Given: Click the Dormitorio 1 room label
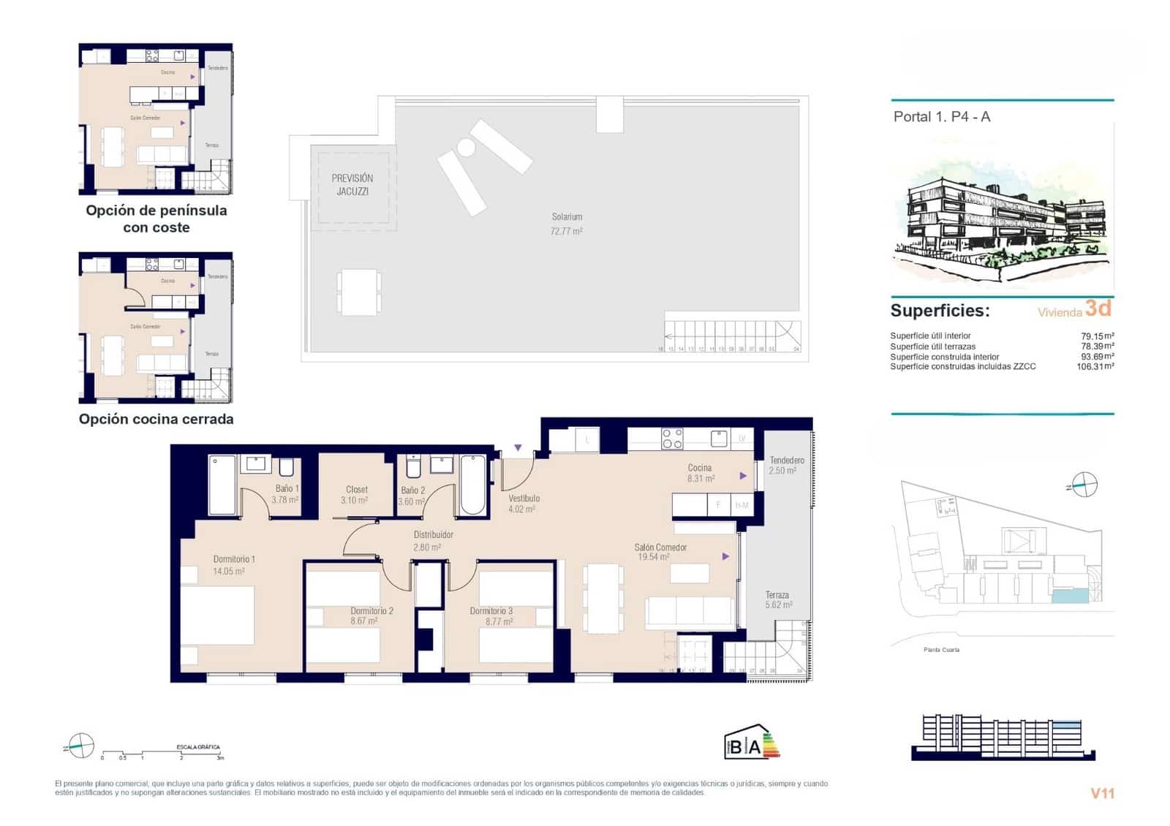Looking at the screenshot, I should [234, 559].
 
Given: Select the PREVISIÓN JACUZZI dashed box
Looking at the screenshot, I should [353, 187].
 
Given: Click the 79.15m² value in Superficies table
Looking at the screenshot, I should [1097, 336].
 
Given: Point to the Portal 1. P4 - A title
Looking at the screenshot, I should [942, 117].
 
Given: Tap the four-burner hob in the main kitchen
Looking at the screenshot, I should [672, 439].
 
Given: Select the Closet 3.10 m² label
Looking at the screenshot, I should [356, 495].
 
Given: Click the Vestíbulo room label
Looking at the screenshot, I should [524, 499].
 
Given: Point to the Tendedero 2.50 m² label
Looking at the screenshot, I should [787, 465].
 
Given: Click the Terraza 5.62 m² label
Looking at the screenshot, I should [778, 600].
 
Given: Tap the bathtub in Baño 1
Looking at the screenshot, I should [222, 485].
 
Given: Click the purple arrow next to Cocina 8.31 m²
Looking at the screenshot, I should [743, 476].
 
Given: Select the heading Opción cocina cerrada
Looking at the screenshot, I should [156, 420].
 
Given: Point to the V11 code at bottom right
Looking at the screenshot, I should [1102, 793].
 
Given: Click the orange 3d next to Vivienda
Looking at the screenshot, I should [1098, 308].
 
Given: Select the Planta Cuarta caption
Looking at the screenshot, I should [941, 650].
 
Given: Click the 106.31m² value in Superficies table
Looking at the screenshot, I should [1095, 367].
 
